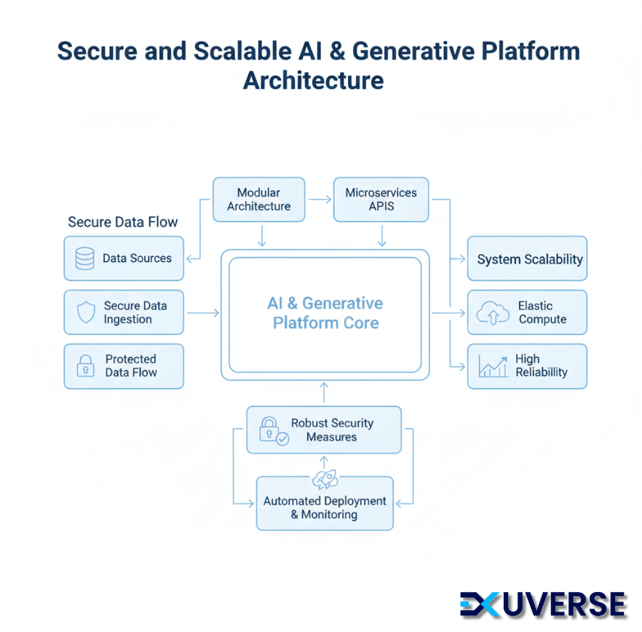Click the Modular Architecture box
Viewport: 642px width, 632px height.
[258, 200]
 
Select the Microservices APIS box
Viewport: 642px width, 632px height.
[381, 200]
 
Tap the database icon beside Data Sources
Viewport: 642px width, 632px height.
[84, 258]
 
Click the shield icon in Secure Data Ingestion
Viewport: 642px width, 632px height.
[86, 312]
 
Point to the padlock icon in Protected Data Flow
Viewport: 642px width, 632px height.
[86, 366]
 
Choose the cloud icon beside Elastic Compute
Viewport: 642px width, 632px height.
[493, 313]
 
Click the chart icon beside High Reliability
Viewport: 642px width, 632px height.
[493, 366]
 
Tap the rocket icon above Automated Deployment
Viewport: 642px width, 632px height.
[325, 478]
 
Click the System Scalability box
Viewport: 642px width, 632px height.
[527, 258]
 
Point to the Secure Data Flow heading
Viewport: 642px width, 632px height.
[123, 222]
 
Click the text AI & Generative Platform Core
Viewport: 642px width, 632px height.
[325, 312]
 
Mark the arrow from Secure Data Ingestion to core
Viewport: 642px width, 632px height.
[202, 312]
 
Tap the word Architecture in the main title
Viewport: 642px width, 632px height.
[313, 79]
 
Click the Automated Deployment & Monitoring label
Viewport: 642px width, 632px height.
[325, 507]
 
